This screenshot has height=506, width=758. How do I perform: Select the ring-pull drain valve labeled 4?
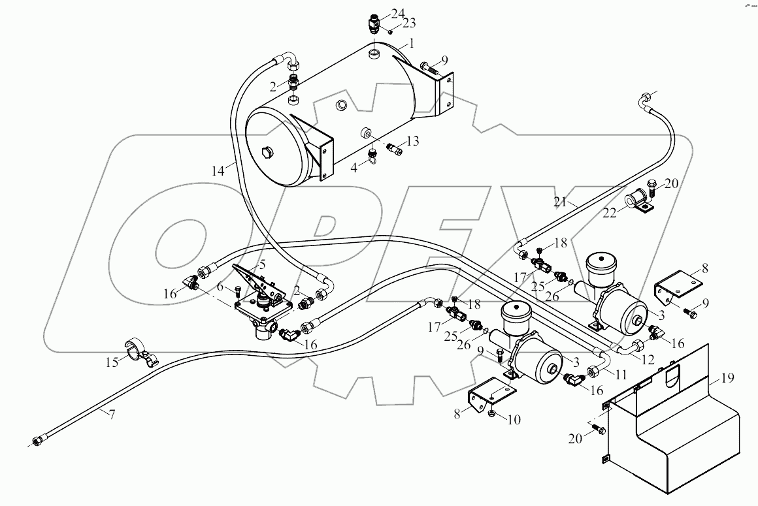coord(374,155)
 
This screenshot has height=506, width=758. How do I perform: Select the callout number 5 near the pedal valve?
coord(262,266)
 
